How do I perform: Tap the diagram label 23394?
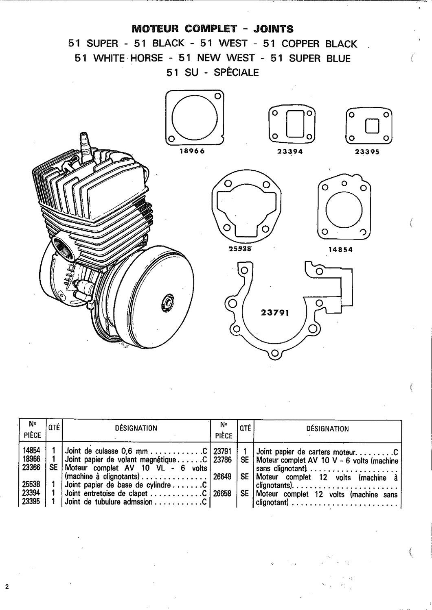pyautogui.click(x=290, y=151)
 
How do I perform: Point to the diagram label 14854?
pyautogui.click(x=340, y=250)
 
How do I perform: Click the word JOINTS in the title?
pyautogui.click(x=273, y=29)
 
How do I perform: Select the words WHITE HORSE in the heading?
pyautogui.click(x=128, y=58)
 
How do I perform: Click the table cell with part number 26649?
pyautogui.click(x=223, y=477)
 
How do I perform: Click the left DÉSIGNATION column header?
pyautogui.click(x=136, y=428)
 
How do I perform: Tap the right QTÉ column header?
pyautogui.click(x=246, y=428)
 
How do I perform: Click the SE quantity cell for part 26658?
pyautogui.click(x=244, y=494)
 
